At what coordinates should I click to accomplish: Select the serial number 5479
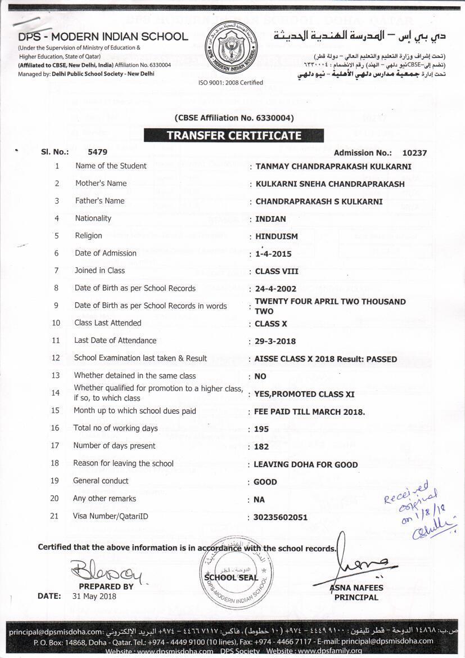[97, 152]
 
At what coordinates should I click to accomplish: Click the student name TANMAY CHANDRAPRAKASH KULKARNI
[333, 167]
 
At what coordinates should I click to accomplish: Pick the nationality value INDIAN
[270, 219]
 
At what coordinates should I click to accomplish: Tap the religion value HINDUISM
[277, 236]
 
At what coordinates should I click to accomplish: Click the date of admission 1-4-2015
[273, 254]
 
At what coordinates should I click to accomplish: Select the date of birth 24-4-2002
[276, 289]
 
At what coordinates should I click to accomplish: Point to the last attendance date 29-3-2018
[276, 341]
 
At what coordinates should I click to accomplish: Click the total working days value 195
[261, 429]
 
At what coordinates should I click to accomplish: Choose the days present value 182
[261, 446]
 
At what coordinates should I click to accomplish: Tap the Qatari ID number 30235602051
[281, 517]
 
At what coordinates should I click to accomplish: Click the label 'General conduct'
[101, 481]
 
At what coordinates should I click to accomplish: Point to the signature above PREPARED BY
[103, 572]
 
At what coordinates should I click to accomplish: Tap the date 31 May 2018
[94, 596]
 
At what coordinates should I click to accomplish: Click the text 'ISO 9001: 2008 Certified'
[231, 83]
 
